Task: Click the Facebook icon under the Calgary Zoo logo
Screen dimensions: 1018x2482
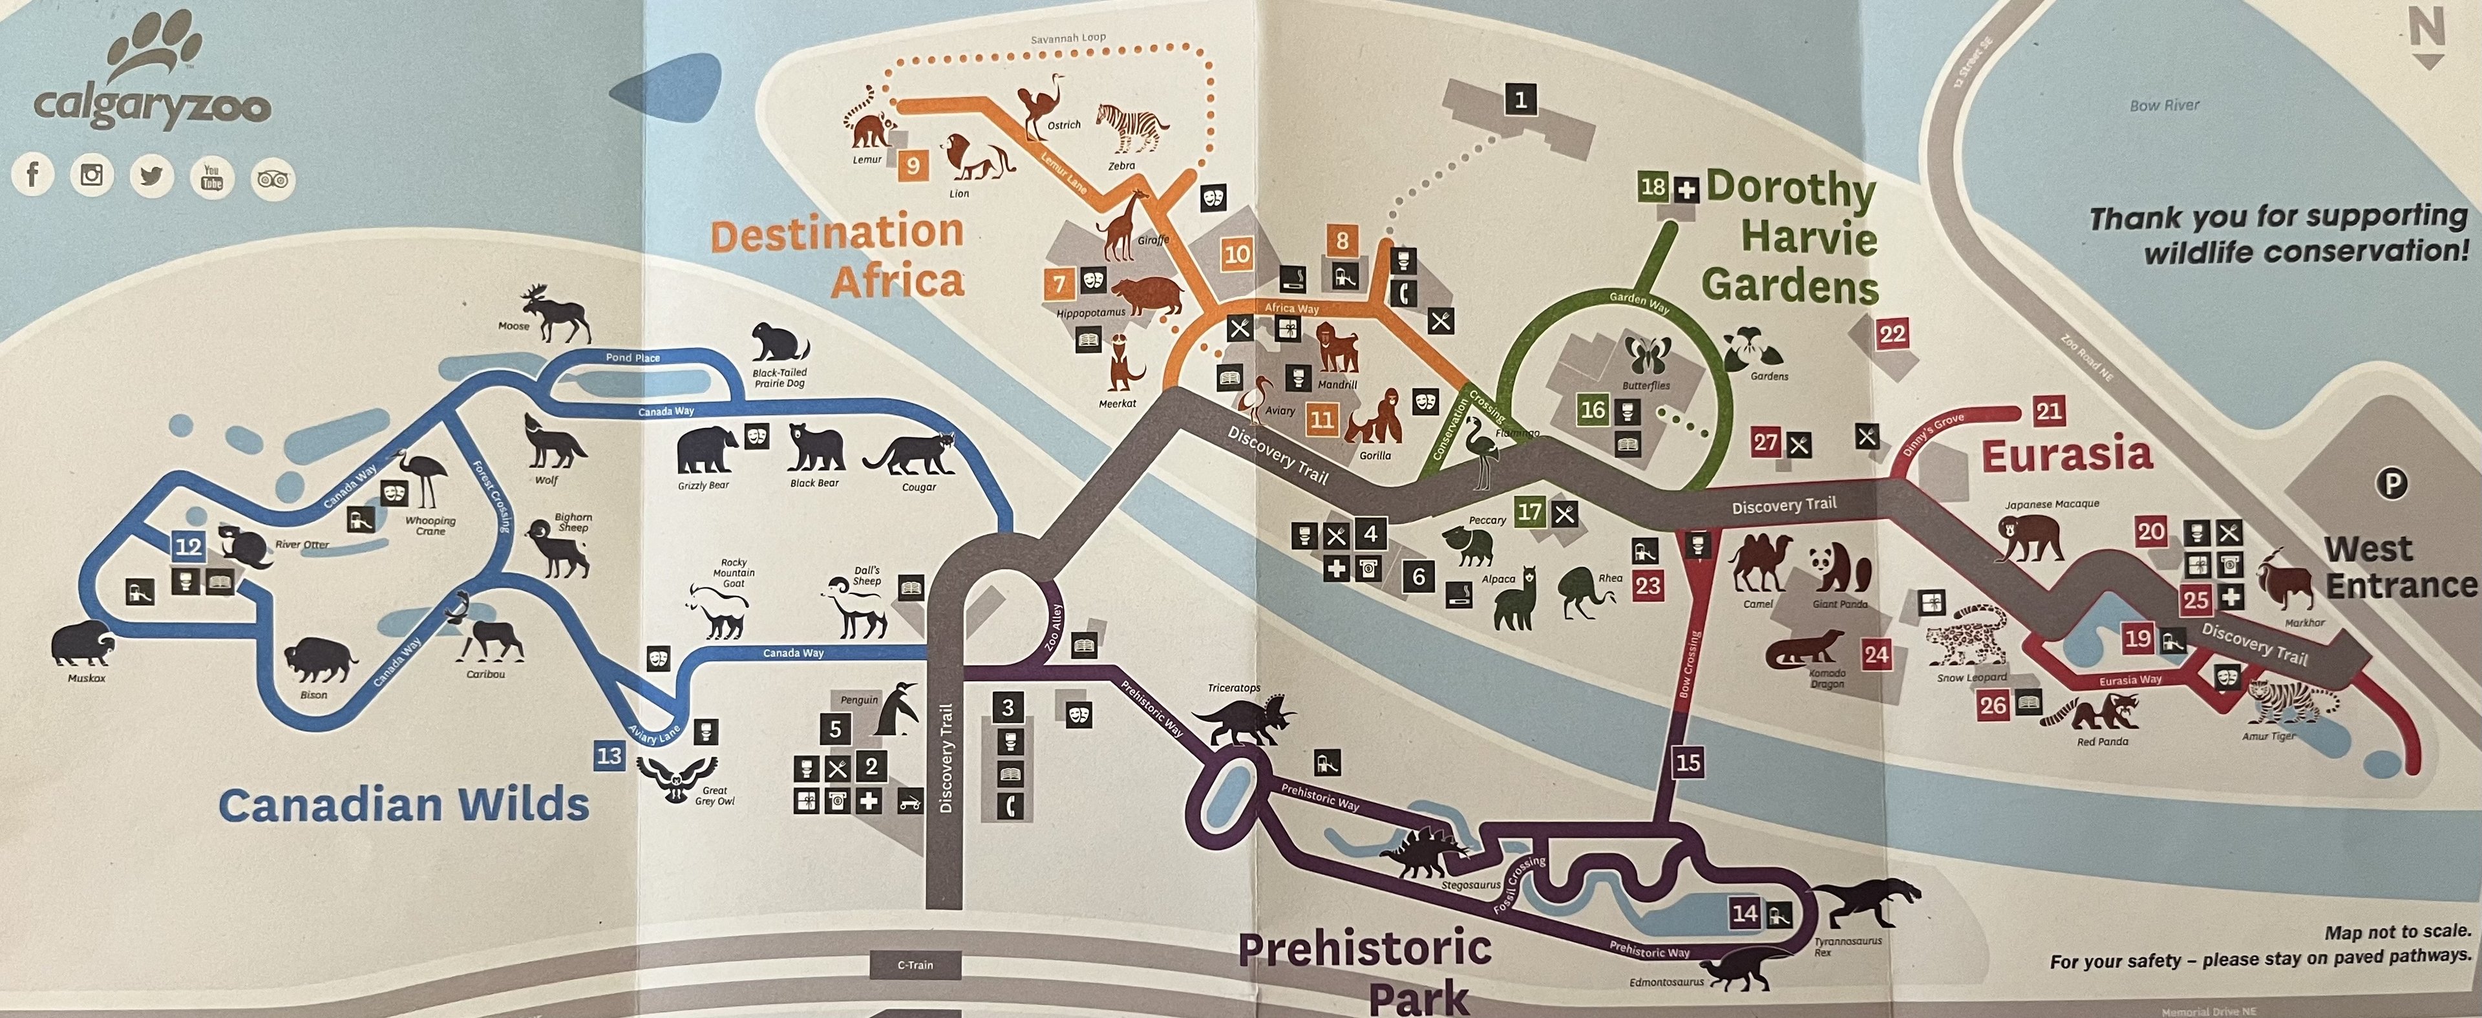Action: tap(33, 175)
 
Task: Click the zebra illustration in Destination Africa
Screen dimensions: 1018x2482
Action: tap(1132, 128)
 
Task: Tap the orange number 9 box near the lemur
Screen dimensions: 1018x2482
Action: tap(911, 165)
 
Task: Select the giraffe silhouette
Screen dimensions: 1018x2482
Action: tap(1123, 228)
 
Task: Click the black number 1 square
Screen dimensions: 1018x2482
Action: tap(1520, 99)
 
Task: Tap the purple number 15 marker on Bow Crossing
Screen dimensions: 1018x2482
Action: tap(1687, 763)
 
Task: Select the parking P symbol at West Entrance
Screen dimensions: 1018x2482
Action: tap(2392, 483)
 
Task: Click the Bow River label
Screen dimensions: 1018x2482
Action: tap(2164, 105)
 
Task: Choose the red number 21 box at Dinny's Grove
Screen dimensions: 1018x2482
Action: tap(2048, 411)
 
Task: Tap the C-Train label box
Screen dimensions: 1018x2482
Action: tap(915, 964)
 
